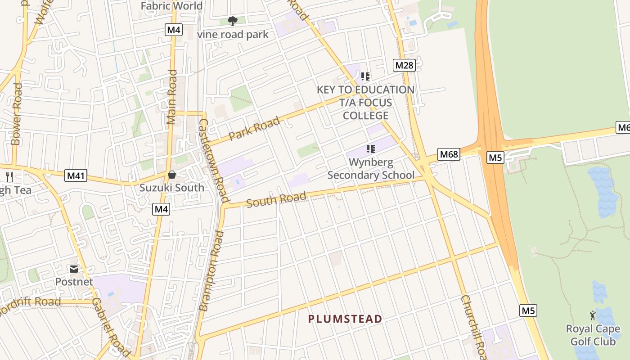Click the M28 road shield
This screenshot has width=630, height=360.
404,65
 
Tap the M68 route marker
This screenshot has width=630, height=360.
449,154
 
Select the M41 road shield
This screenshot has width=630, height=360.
76,175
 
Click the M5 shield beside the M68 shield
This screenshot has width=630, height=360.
495,157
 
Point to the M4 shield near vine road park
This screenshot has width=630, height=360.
173,30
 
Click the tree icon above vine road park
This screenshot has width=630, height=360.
233,21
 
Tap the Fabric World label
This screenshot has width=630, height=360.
171,6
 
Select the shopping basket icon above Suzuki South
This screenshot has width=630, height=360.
171,175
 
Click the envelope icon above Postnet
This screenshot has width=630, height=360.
74,269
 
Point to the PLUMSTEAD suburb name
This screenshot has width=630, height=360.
345,319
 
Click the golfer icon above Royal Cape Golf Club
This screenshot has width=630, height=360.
592,315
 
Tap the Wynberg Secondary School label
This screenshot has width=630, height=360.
371,169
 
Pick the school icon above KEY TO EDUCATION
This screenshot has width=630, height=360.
365,76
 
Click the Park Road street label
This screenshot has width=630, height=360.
254,128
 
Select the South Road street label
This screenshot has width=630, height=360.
276,199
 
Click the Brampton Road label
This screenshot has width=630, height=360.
211,270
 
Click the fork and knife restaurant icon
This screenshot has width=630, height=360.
9,177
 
